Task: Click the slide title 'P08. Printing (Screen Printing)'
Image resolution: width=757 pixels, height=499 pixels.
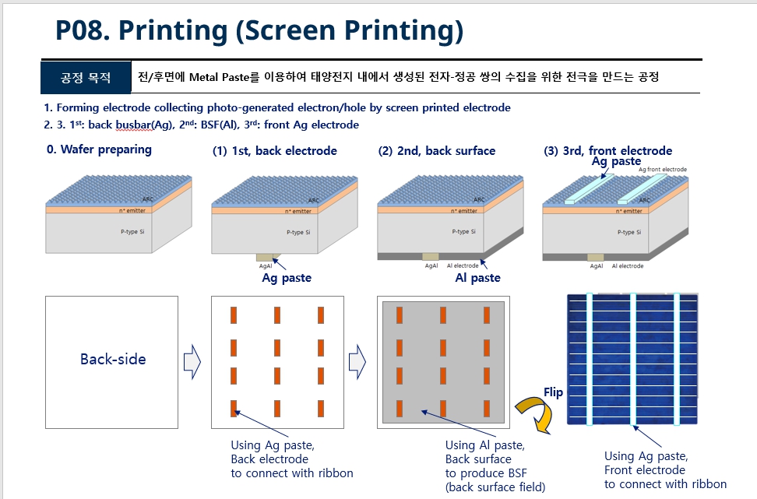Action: click(x=259, y=31)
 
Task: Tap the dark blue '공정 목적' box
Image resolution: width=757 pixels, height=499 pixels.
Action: click(x=86, y=77)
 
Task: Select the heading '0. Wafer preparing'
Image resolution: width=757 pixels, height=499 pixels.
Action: click(x=99, y=149)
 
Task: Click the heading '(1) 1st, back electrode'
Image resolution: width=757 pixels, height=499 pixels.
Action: click(x=275, y=151)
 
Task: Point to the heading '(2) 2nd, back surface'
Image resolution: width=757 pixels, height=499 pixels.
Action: click(x=437, y=151)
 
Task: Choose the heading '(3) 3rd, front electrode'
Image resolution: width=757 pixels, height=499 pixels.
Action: click(x=607, y=150)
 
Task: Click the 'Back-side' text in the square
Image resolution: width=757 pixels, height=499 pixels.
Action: click(x=113, y=359)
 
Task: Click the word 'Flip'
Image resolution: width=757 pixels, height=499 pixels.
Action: click(x=553, y=392)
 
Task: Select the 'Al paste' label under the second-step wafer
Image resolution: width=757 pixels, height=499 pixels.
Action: click(x=478, y=278)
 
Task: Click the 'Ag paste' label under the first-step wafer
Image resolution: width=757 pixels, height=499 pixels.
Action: click(x=287, y=278)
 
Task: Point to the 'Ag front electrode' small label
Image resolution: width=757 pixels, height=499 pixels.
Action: click(x=662, y=170)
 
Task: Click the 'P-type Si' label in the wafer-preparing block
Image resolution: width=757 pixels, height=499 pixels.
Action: click(x=132, y=232)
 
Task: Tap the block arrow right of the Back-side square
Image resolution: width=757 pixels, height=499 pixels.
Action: click(x=192, y=361)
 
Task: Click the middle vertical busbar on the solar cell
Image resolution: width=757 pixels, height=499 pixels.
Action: click(x=633, y=359)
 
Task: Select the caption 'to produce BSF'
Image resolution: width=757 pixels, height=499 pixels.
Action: click(x=486, y=473)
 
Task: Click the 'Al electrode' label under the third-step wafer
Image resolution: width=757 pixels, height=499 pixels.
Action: click(x=628, y=266)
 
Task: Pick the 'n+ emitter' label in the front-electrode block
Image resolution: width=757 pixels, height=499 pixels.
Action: click(x=629, y=211)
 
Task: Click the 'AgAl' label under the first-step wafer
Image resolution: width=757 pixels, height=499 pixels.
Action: click(x=266, y=266)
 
